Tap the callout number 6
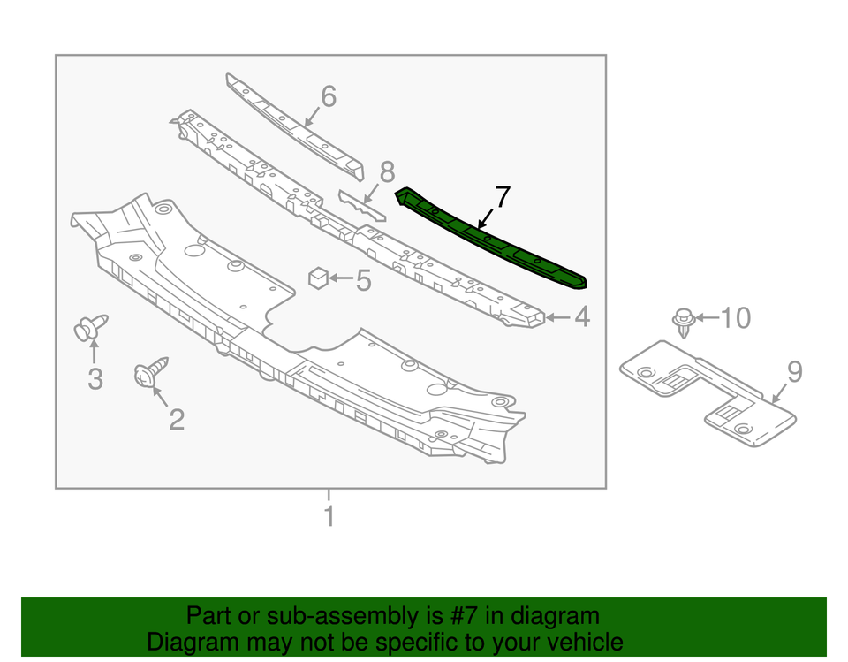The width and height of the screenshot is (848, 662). click(329, 96)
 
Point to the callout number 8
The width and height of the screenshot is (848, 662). click(387, 172)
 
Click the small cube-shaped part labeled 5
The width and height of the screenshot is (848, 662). click(319, 278)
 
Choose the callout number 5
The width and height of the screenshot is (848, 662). click(363, 280)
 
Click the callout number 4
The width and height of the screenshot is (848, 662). click(582, 316)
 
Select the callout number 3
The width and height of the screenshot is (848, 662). click(95, 378)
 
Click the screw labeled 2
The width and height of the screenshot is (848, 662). click(151, 372)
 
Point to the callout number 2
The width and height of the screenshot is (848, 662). click(177, 419)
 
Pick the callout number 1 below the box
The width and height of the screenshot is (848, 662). click(329, 515)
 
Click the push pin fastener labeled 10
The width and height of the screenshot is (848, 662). click(684, 322)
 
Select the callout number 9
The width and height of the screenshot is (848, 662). click(795, 372)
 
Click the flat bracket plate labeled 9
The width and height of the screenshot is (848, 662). click(708, 393)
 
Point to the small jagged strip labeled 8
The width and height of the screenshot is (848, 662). click(362, 205)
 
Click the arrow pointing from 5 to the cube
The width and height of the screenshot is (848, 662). click(341, 278)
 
